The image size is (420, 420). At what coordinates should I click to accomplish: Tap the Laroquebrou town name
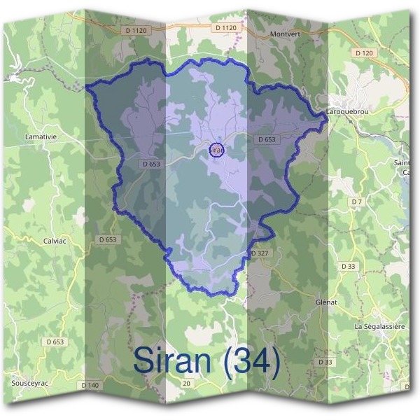coord(349,112)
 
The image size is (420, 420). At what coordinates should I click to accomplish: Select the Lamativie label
coord(41,135)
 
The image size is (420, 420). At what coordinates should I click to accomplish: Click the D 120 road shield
coord(365,53)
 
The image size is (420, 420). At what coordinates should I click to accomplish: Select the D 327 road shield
coord(260,253)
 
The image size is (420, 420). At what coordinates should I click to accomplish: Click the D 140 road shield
coord(90,385)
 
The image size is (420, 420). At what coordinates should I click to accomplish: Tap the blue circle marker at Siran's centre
coord(217,150)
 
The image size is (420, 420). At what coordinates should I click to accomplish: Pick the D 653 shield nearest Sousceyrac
coord(56,342)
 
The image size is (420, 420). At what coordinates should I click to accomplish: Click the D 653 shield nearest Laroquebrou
coord(267,139)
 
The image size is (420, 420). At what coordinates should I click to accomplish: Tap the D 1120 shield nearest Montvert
coord(226,27)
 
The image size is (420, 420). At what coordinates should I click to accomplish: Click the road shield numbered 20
coord(187,384)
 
